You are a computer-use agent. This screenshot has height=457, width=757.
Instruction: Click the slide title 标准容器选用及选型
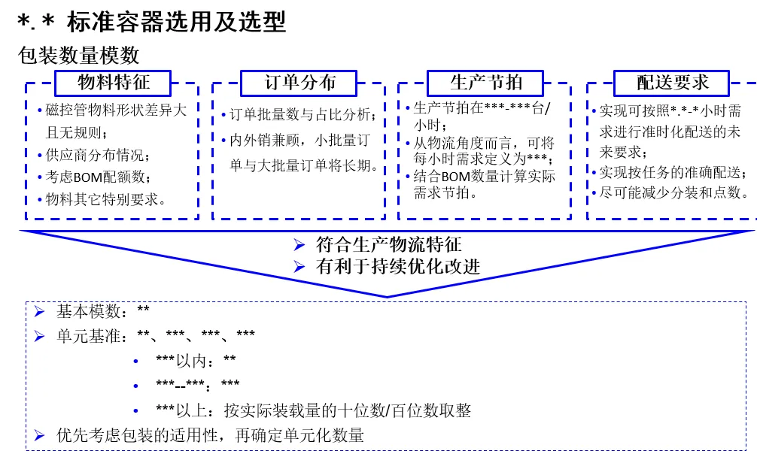pos(176,23)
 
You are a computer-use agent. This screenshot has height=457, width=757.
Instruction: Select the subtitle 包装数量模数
pos(79,56)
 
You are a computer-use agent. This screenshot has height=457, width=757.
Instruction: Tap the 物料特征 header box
pos(114,83)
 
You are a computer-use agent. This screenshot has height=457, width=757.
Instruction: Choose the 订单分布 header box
pos(299,83)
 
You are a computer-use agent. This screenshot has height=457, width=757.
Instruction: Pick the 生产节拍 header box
pos(485,83)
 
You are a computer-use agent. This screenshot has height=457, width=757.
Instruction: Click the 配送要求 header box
pos(672,83)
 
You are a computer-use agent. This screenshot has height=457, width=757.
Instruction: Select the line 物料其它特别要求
pos(105,200)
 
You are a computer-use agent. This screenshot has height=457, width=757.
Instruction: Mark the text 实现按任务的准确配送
pos(673,172)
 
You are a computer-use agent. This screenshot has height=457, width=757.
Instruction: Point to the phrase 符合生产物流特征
pos(389,244)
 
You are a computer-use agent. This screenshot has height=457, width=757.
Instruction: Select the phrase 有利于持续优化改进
pos(398,266)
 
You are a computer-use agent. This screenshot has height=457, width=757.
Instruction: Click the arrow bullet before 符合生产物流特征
pos(299,244)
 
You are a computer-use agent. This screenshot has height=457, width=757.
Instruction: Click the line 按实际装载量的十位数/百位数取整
pos(348,410)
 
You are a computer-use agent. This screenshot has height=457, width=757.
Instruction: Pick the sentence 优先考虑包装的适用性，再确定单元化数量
pos(211,434)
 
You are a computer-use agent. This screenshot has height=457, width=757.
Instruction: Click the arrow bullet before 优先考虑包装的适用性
pos(39,434)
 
